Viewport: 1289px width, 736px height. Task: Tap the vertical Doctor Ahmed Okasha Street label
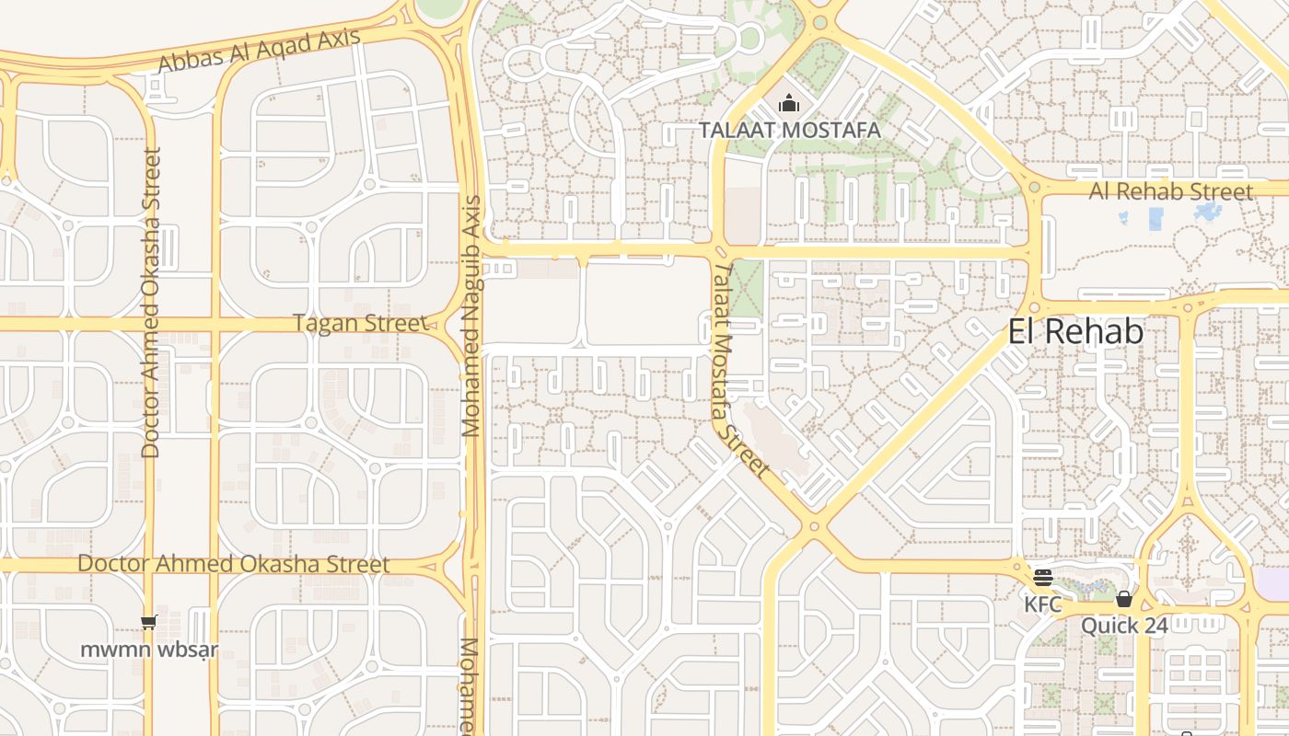click(x=152, y=303)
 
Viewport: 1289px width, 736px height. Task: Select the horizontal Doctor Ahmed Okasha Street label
click(x=234, y=564)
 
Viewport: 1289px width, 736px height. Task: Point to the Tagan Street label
click(x=361, y=324)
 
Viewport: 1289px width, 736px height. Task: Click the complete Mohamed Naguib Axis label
click(x=472, y=316)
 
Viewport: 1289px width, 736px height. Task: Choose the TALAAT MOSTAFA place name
click(x=789, y=131)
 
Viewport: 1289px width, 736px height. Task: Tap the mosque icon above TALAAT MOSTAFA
click(x=788, y=104)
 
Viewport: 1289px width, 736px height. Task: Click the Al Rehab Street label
click(x=1171, y=191)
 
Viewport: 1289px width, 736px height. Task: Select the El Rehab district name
click(x=1075, y=332)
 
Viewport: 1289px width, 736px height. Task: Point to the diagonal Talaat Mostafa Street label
click(x=739, y=370)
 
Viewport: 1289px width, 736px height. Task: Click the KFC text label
click(x=1043, y=604)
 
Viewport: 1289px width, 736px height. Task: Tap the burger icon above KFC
click(x=1043, y=578)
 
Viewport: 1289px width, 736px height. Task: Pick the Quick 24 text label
click(x=1124, y=627)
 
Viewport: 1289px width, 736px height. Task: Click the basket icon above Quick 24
click(x=1123, y=600)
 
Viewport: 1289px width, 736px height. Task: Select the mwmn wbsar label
click(x=149, y=650)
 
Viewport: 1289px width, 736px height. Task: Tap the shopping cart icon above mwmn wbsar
click(x=149, y=623)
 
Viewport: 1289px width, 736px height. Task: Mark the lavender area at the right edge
click(x=1275, y=585)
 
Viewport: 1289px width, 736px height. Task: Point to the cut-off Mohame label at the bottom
click(x=470, y=685)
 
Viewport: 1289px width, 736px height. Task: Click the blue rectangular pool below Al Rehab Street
click(x=1155, y=219)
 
